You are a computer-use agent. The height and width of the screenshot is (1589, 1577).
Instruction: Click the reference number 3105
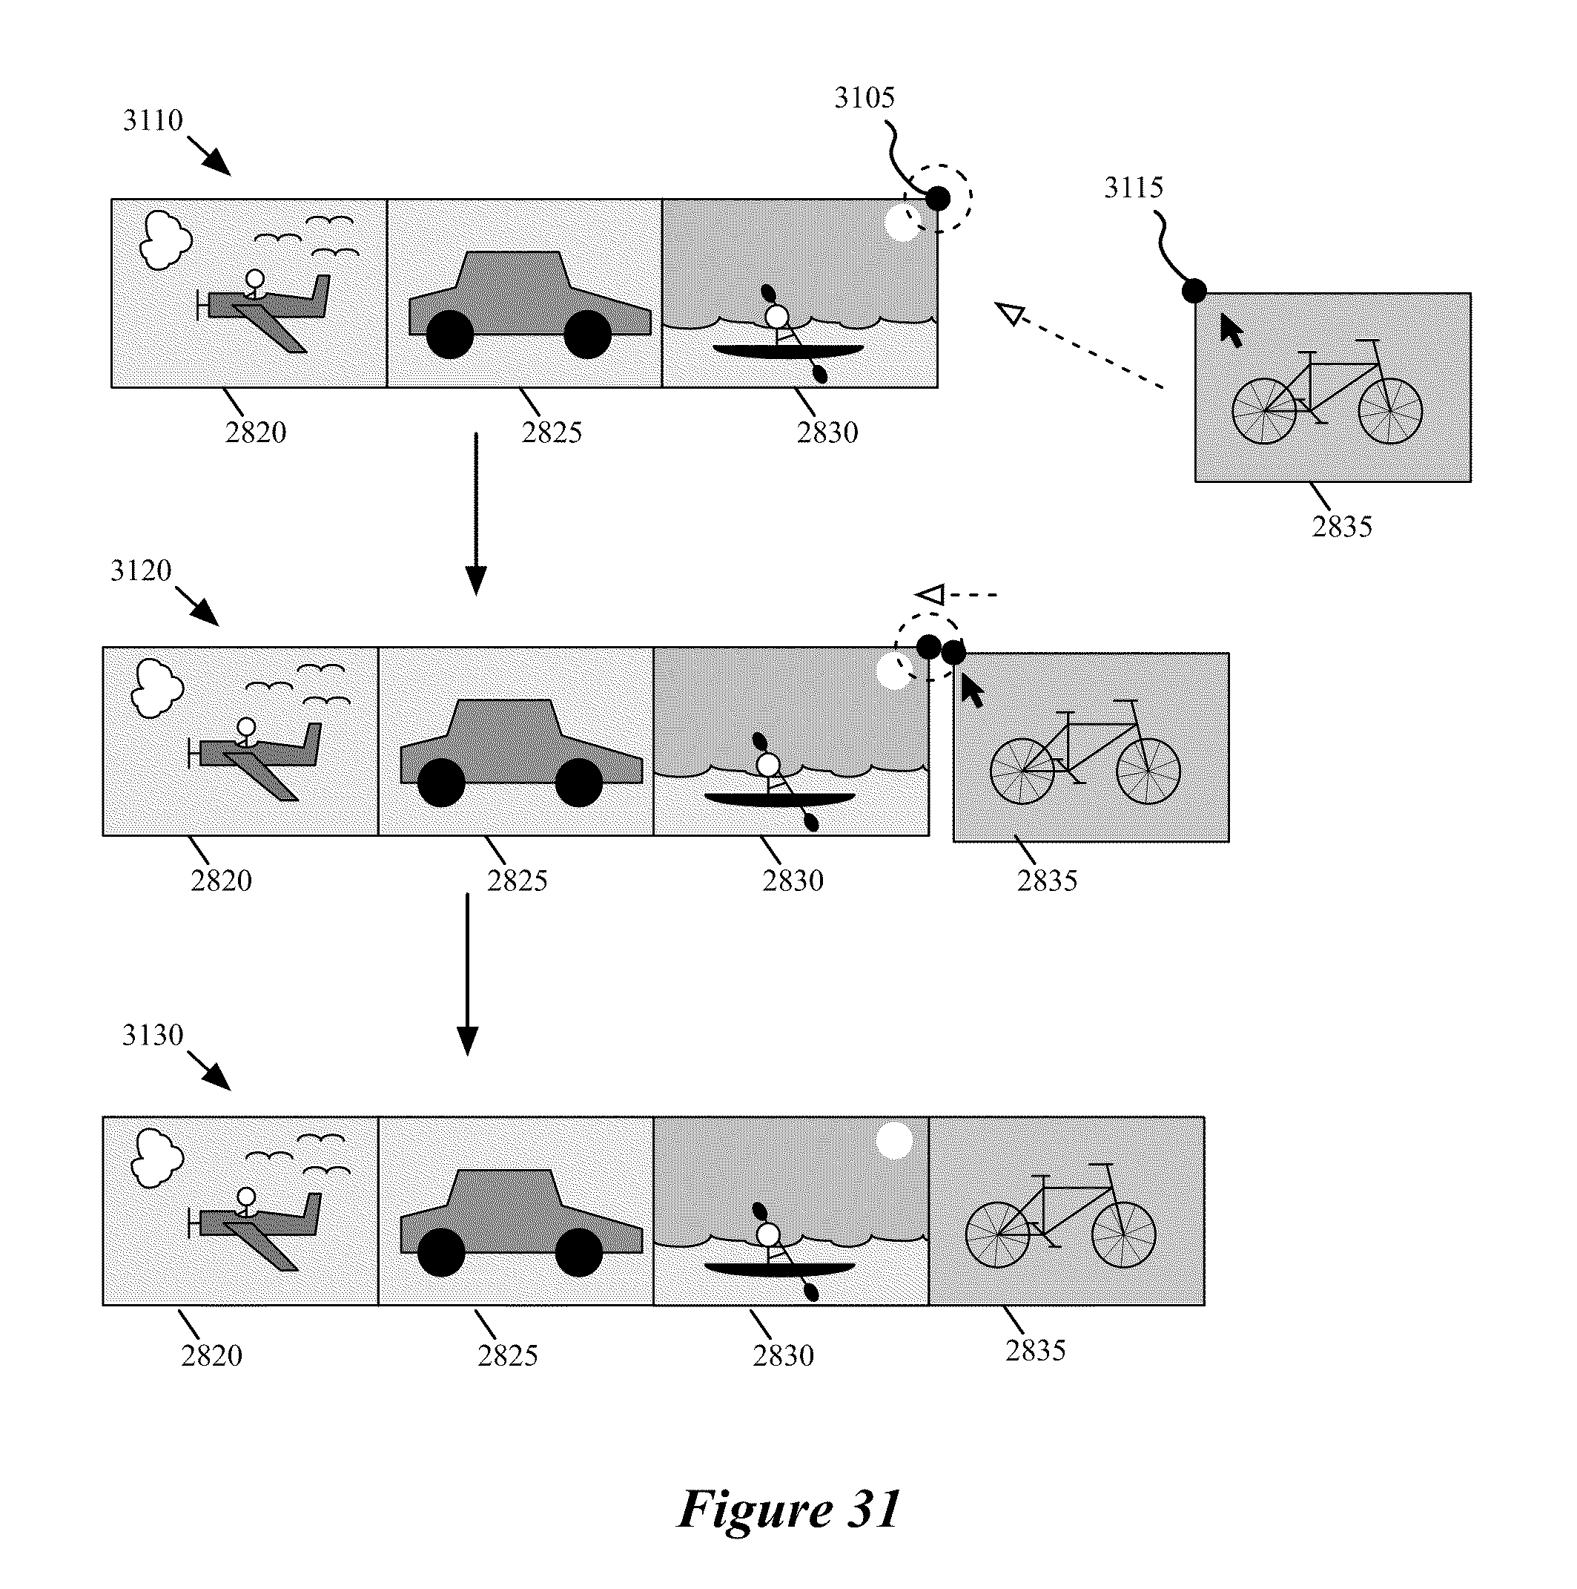[x=864, y=98]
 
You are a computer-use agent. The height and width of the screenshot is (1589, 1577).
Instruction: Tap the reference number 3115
[x=1133, y=188]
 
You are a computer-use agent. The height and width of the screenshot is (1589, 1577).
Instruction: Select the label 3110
[x=152, y=120]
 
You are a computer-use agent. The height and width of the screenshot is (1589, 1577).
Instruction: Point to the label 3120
[x=141, y=570]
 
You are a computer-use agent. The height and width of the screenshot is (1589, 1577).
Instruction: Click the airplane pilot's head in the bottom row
[x=246, y=1196]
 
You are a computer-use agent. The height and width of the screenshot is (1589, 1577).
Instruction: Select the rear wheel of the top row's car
[x=450, y=335]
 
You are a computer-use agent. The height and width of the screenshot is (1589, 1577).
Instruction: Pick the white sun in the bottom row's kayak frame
[x=893, y=1141]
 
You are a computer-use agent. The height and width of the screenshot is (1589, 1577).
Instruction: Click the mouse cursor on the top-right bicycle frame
[x=1230, y=331]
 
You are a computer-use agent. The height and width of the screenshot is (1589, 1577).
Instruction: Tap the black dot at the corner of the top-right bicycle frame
[x=1194, y=290]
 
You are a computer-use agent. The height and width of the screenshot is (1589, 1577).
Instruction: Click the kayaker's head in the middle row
[x=767, y=765]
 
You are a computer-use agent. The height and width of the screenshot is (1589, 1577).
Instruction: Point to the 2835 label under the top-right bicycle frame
[x=1342, y=527]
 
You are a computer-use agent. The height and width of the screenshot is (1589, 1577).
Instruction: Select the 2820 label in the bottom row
[x=211, y=1355]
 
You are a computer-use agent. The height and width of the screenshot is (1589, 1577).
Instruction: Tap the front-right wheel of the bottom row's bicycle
[x=1124, y=1234]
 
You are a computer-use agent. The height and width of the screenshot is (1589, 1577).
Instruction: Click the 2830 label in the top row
[x=827, y=432]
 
